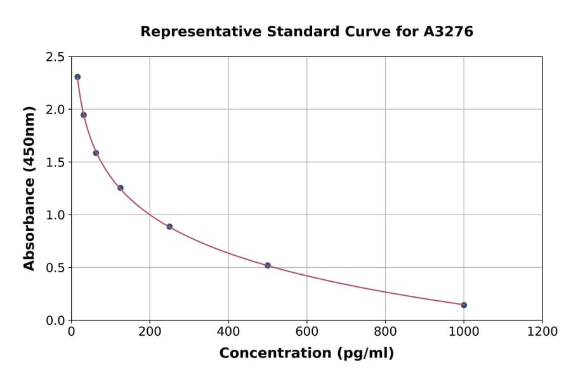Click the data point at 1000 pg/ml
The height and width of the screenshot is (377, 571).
point(464,305)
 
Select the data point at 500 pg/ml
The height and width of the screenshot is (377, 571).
point(268,265)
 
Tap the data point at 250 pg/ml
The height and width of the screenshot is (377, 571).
point(169,227)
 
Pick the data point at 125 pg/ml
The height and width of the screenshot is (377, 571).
point(121,188)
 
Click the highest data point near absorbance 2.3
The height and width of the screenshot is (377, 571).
point(77,77)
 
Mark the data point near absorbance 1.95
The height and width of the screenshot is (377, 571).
point(84,115)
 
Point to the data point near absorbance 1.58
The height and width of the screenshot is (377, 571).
point(96,153)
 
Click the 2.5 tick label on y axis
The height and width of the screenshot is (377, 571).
point(55,57)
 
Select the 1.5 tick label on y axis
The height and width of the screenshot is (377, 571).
point(55,162)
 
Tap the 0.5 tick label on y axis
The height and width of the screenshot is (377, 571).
point(55,268)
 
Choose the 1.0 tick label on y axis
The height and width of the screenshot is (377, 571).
point(55,215)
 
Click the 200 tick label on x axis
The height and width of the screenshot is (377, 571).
point(150,332)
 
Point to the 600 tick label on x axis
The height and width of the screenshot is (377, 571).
point(306,332)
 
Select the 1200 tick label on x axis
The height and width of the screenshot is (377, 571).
point(542,332)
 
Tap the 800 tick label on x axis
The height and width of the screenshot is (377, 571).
point(385,332)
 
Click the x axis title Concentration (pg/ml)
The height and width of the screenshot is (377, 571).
point(306,354)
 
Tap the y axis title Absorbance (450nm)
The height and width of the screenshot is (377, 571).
point(29,188)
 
